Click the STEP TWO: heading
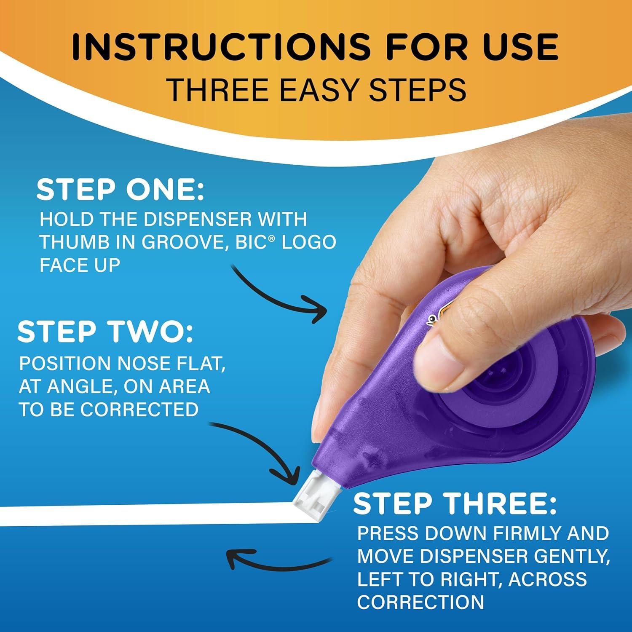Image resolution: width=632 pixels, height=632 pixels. click(105, 332)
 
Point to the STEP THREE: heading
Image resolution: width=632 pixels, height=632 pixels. click(455, 503)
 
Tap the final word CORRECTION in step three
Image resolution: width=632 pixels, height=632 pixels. click(420, 602)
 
